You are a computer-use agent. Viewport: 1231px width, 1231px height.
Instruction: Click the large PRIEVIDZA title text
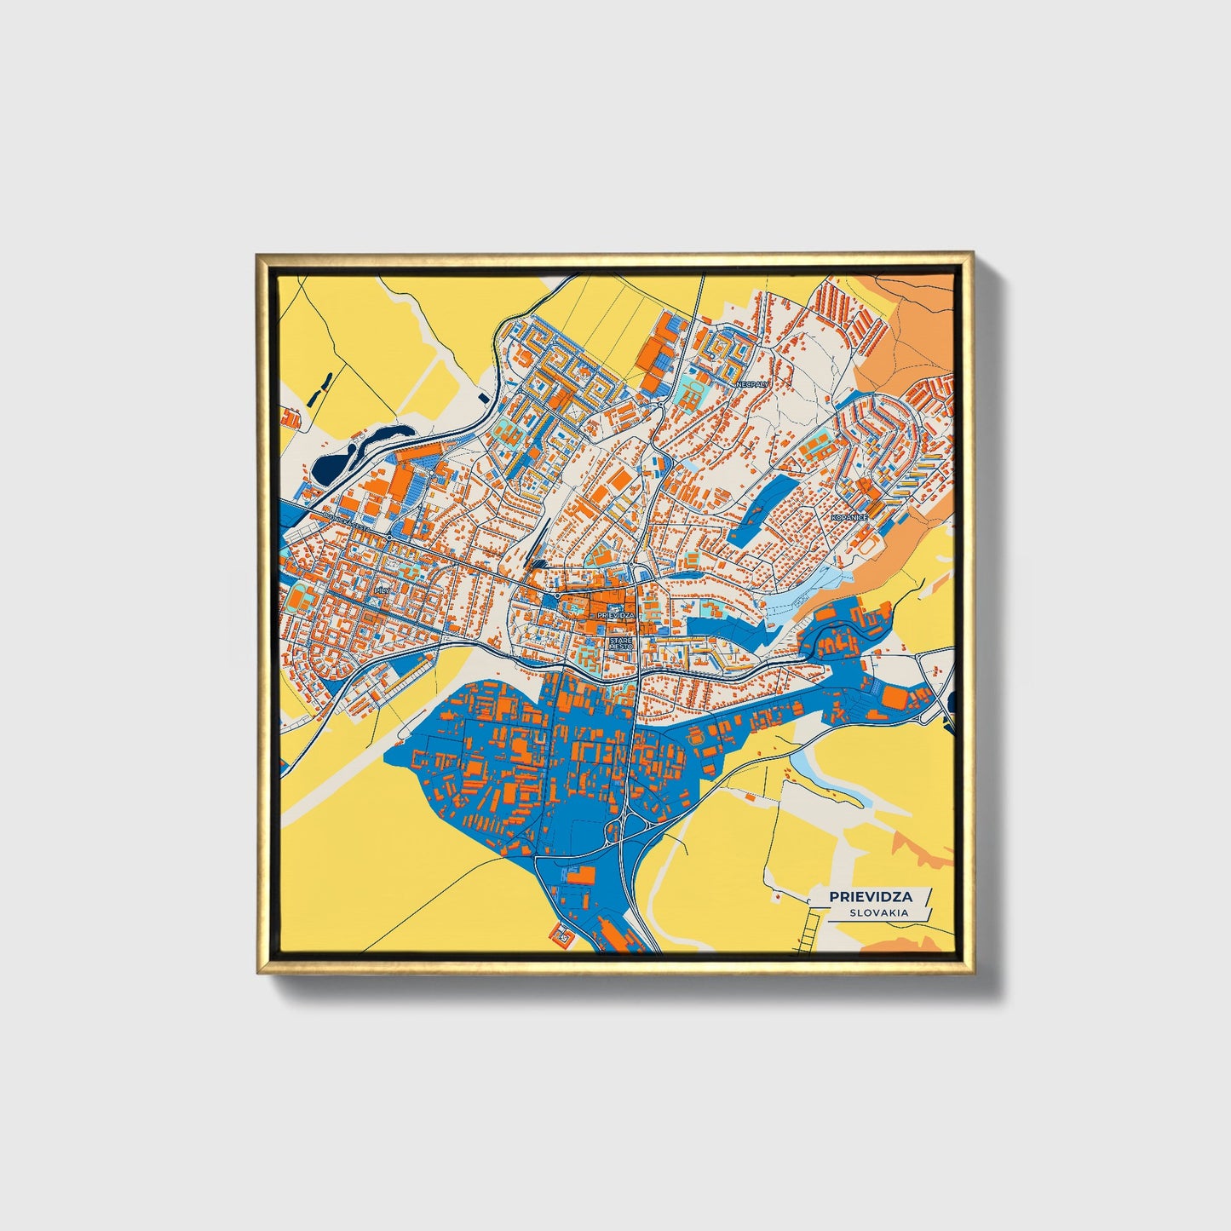[865, 896]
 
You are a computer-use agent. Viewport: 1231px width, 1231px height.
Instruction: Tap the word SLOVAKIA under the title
[877, 912]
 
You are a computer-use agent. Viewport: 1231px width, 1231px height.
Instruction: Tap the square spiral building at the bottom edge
[564, 935]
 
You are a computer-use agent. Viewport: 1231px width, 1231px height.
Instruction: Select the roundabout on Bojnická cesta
[388, 538]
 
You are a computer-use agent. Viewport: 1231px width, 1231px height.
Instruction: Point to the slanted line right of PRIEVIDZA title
[926, 896]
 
